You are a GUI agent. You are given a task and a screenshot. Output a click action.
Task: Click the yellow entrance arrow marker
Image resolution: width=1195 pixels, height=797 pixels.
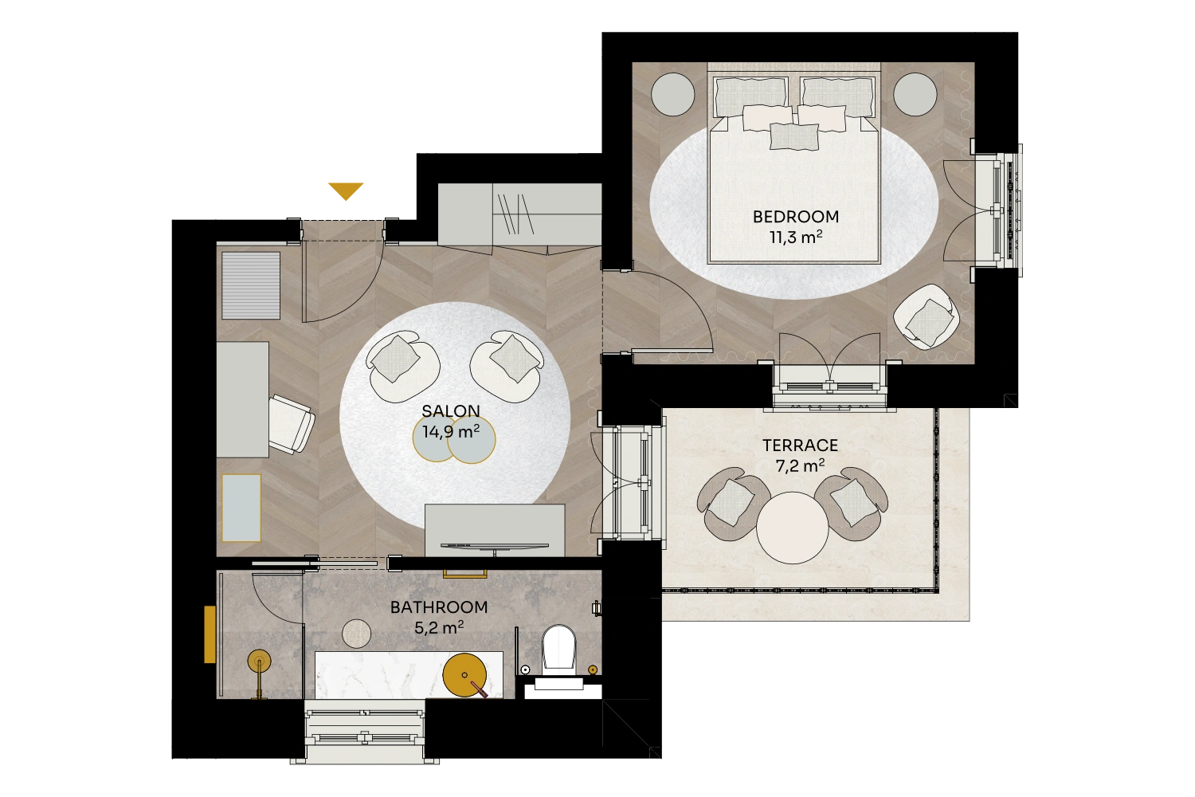pos(346,190)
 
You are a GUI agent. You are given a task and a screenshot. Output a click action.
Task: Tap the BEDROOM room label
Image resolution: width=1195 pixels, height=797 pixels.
pos(795,217)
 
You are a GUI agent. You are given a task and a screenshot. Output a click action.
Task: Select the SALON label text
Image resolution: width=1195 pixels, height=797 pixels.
pos(451,410)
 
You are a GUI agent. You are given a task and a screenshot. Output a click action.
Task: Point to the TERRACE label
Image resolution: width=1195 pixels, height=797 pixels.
pos(800,446)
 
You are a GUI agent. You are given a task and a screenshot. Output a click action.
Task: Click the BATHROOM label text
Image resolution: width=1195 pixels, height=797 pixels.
pos(438,607)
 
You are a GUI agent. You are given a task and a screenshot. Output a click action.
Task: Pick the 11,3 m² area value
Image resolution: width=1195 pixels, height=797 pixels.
pos(795,237)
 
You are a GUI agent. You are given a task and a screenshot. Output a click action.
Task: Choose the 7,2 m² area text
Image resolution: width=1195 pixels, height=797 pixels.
pos(800,465)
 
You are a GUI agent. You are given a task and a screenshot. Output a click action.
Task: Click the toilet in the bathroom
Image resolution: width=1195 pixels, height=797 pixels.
pos(558,650)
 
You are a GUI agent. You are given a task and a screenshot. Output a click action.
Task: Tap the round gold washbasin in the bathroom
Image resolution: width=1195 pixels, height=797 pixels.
pos(464,675)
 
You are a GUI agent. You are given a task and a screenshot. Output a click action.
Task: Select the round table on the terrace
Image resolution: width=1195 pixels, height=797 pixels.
pos(792,528)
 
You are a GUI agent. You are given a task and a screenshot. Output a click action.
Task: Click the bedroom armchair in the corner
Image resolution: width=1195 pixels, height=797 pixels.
pos(927,316)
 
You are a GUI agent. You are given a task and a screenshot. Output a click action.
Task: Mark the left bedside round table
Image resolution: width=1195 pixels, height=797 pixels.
pos(672,95)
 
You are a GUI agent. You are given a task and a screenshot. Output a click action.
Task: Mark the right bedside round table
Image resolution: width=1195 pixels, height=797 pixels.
pos(915,95)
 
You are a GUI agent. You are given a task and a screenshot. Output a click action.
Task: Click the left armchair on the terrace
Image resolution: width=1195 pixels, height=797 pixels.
pos(732,504)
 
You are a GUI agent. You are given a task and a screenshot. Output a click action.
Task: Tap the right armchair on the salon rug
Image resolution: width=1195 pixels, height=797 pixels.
pos(507,366)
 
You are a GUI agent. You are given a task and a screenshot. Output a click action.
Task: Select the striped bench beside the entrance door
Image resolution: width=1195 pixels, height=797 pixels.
pos(251,285)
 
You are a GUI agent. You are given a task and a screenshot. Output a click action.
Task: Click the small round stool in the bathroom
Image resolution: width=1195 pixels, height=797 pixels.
pos(356,634)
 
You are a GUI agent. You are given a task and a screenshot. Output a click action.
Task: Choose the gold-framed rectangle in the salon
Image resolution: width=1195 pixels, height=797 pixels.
pos(241,508)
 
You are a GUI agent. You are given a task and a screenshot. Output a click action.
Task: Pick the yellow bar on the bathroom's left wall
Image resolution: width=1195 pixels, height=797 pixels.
pos(210,634)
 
